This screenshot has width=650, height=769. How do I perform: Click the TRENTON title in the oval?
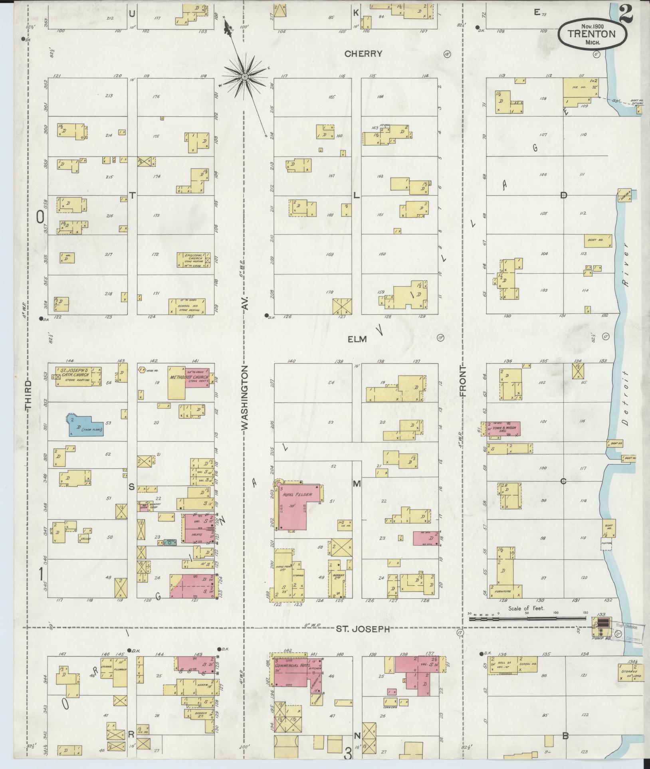click(592, 34)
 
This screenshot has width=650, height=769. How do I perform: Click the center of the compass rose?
click(244, 75)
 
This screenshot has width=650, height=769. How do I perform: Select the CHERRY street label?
click(363, 54)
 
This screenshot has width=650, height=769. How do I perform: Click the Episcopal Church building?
click(194, 260)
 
